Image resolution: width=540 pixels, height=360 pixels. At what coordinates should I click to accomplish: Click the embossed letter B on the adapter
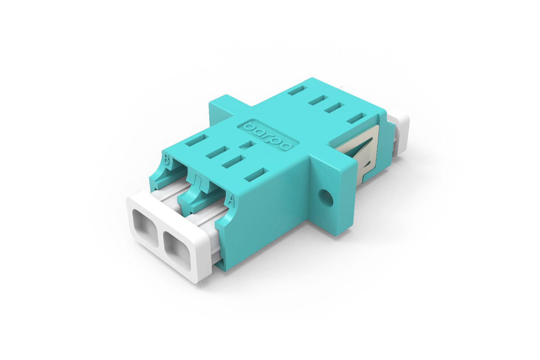pos(167,160)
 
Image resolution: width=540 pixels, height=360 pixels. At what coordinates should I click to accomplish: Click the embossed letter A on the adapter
pos(231,200)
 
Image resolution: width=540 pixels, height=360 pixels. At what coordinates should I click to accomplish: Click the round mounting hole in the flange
pos(326,197)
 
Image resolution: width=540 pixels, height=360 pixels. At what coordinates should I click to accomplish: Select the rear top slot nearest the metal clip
pos(356,118)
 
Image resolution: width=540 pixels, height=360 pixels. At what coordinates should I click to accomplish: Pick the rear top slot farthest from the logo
pos(298,90)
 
